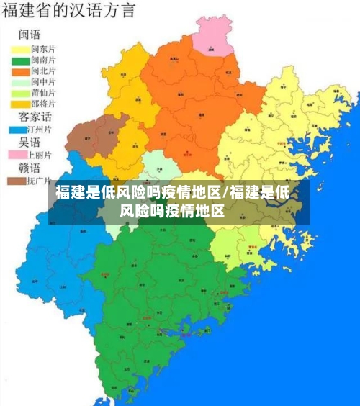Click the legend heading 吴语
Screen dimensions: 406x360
(29, 142)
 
